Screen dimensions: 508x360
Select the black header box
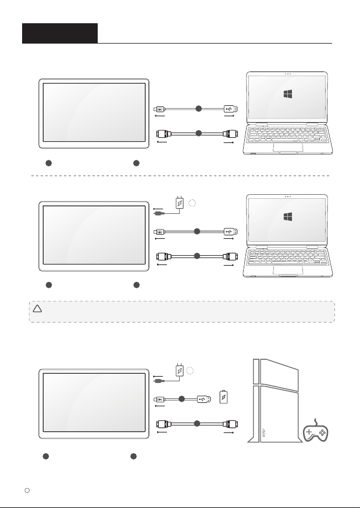coord(59,33)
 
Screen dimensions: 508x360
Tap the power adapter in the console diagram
coord(179,370)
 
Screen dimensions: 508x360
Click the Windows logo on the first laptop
coord(288,95)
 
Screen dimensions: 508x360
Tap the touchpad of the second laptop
coord(288,269)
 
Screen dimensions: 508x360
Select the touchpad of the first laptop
coord(288,148)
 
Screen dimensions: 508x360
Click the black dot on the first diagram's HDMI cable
coord(198,134)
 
